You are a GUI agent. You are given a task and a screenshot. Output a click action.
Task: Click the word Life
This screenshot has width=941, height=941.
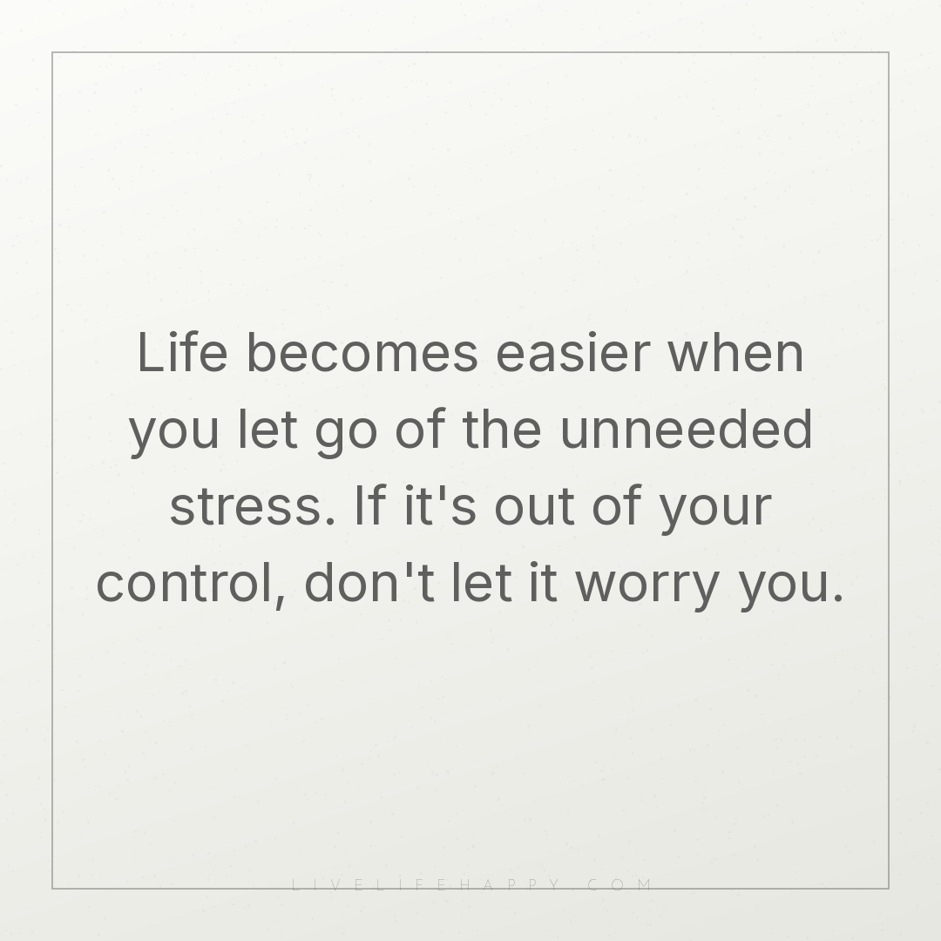182,352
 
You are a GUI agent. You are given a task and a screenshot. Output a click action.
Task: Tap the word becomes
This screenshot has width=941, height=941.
362,352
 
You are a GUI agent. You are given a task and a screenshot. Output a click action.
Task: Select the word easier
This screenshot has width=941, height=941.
573,352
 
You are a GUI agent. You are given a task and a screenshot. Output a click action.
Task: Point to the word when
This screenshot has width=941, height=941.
735,352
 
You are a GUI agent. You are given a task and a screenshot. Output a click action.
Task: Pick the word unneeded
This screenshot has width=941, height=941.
686,428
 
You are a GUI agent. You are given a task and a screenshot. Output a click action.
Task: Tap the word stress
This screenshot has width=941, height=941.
252,507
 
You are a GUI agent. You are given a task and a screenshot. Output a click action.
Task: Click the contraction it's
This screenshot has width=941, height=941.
441,504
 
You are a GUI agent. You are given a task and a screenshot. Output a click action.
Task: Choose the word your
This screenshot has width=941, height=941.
715,511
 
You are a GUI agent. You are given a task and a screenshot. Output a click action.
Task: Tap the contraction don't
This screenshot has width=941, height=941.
369,581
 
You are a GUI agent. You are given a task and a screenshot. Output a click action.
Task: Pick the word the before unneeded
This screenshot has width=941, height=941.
502,428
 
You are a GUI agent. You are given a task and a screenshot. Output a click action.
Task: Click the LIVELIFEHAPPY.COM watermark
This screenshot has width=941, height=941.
471,884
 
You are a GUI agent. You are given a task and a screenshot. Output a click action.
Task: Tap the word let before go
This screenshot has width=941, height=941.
267,428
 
